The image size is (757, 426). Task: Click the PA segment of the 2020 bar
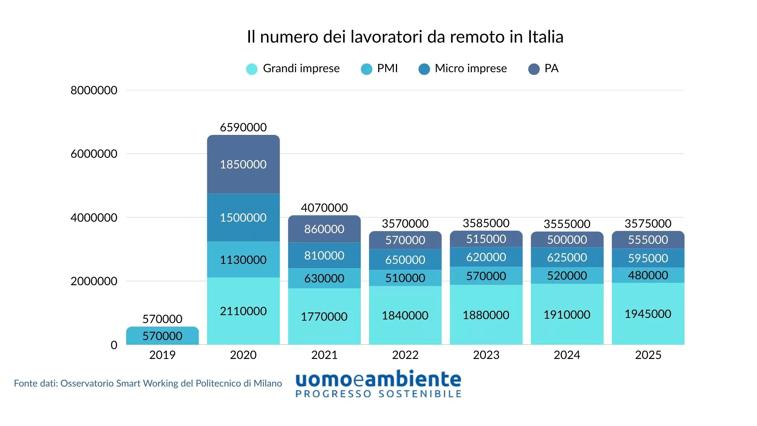[x=243, y=164]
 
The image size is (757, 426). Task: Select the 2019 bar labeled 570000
[x=162, y=336]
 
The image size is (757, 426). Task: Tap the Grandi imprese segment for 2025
[x=648, y=314]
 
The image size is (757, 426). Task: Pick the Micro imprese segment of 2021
[x=324, y=256]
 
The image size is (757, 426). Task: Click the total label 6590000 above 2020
[x=243, y=127]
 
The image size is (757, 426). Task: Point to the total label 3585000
[x=486, y=223]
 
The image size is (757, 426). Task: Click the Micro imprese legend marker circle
[x=424, y=69]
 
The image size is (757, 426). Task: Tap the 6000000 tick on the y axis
[x=94, y=154]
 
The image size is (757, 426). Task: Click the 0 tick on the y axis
[x=114, y=345]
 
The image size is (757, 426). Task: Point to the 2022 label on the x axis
[x=405, y=355]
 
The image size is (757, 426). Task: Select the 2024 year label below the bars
[x=567, y=355]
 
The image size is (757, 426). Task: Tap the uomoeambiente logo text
[x=378, y=379]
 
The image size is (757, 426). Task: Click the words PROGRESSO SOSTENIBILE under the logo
[x=378, y=394]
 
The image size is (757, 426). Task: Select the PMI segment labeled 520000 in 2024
[x=567, y=275]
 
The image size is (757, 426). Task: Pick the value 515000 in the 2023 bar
[x=486, y=239]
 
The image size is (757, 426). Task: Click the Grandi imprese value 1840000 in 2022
[x=405, y=316]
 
